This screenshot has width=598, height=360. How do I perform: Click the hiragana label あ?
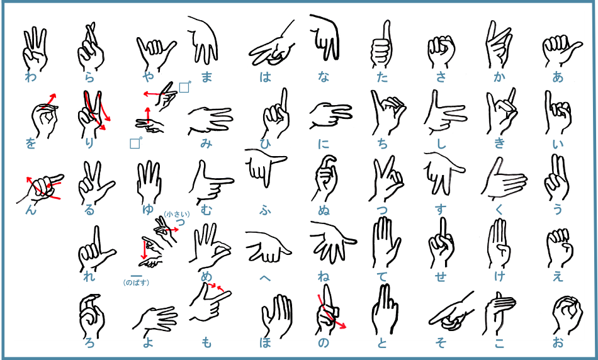[558, 77]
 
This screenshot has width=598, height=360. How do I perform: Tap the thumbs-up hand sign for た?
[381, 45]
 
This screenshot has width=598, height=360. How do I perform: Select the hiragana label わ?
[30, 77]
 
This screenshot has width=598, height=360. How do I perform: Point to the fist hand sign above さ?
[441, 52]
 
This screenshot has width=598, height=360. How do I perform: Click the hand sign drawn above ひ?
[275, 114]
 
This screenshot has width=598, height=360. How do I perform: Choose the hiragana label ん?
[31, 210]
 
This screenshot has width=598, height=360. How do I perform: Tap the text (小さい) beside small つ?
[177, 215]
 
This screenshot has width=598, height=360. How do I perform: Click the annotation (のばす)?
[136, 283]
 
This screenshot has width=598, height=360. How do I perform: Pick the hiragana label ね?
[324, 276]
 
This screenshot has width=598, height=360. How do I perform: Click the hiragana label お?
[558, 342]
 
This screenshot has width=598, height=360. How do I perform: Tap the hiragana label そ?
[441, 342]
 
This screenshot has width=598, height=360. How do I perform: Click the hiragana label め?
[206, 276]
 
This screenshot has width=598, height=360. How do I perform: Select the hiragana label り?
[89, 143]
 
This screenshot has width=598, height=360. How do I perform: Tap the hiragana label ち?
[382, 143]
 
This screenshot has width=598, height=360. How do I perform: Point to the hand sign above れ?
[96, 248]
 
